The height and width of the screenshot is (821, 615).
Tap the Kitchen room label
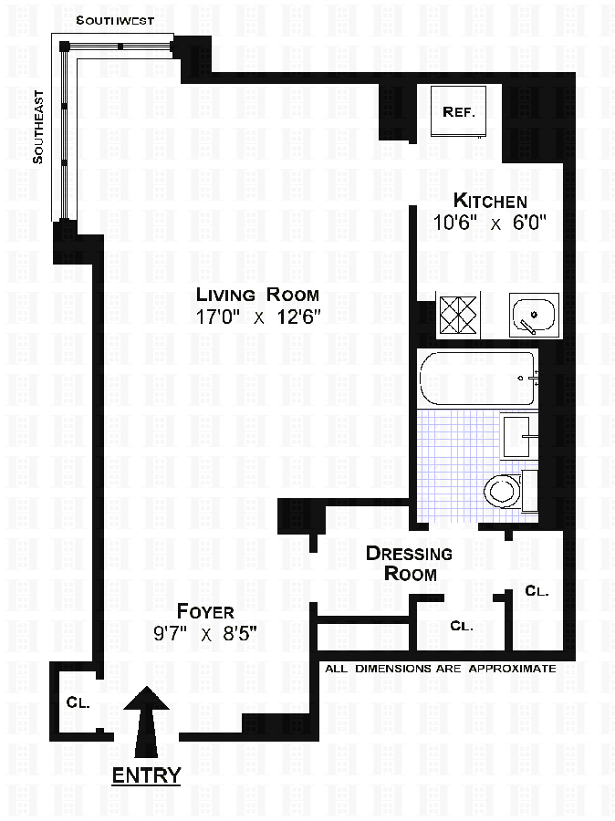pos(491,202)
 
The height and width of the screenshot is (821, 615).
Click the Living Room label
pos(259,295)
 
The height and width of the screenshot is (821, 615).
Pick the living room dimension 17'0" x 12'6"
pos(259,317)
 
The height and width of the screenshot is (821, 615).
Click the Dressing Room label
pos(409,564)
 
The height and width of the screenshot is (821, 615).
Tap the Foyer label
pos(205,611)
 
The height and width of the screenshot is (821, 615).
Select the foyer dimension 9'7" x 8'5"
pos(205,634)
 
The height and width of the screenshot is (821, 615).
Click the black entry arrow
pos(145,721)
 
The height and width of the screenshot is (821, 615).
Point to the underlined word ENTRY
pos(145,775)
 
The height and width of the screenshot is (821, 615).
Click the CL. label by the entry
pos(77,703)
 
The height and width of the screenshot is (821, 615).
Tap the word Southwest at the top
pos(114,20)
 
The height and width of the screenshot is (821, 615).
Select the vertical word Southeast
pos(38,126)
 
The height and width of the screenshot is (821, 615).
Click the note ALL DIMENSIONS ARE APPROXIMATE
pos(441,669)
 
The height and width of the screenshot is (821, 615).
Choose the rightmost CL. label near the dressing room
pos(537,591)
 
